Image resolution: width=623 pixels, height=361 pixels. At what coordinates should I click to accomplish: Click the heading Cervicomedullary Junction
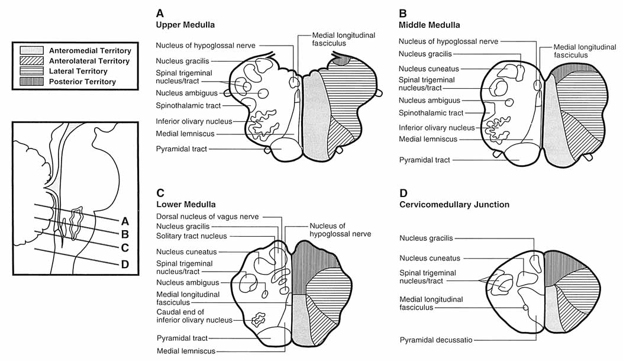pyautogui.click(x=454, y=204)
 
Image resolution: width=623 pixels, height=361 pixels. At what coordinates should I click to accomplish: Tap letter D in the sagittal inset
pyautogui.click(x=125, y=264)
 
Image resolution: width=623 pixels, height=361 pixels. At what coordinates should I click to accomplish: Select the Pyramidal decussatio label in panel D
pyautogui.click(x=435, y=340)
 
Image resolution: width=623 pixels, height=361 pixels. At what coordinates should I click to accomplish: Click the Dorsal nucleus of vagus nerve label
pyautogui.click(x=208, y=217)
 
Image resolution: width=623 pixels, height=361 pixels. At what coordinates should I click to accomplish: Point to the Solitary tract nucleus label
pyautogui.click(x=193, y=236)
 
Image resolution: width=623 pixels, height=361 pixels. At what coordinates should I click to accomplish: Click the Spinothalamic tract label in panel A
pyautogui.click(x=188, y=105)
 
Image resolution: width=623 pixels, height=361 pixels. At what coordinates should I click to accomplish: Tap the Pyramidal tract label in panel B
pyautogui.click(x=424, y=160)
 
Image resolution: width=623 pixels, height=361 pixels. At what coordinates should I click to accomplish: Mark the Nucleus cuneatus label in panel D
pyautogui.click(x=430, y=258)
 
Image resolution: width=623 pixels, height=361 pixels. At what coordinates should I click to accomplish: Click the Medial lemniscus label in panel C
pyautogui.click(x=186, y=350)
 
